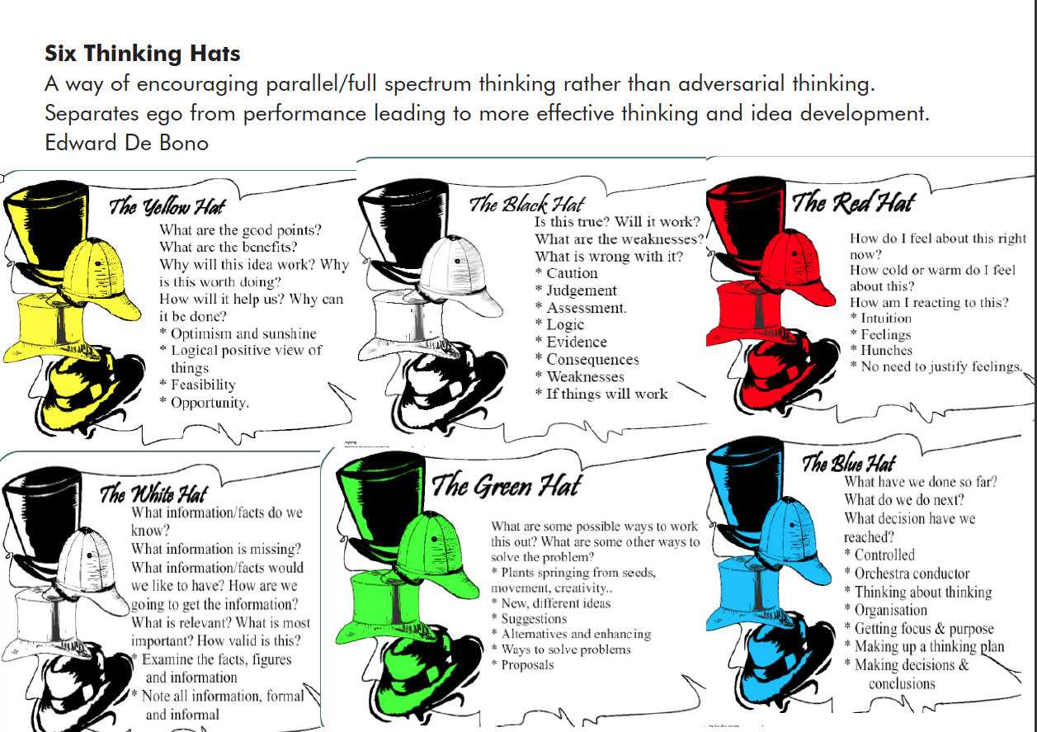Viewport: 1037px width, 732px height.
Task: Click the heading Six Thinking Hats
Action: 142,54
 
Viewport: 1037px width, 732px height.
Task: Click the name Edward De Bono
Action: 126,143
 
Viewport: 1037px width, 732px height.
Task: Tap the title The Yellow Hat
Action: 167,206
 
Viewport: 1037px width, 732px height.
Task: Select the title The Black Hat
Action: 527,204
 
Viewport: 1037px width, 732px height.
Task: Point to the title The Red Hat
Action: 854,202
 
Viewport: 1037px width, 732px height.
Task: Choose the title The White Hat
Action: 153,494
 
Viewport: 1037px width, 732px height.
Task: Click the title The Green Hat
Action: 506,486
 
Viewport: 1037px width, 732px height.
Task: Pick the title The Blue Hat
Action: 849,463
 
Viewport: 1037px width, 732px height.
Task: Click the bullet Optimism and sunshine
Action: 243,333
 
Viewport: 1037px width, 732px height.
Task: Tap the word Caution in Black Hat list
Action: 573,273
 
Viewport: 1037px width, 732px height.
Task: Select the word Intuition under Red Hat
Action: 886,318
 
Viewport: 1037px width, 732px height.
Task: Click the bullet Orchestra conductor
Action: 912,574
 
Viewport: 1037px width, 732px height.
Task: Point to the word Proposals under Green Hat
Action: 527,665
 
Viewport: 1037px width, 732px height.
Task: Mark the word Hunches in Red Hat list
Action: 887,350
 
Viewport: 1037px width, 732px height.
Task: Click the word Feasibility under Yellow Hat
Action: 203,385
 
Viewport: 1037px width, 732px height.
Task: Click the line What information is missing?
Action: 216,549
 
